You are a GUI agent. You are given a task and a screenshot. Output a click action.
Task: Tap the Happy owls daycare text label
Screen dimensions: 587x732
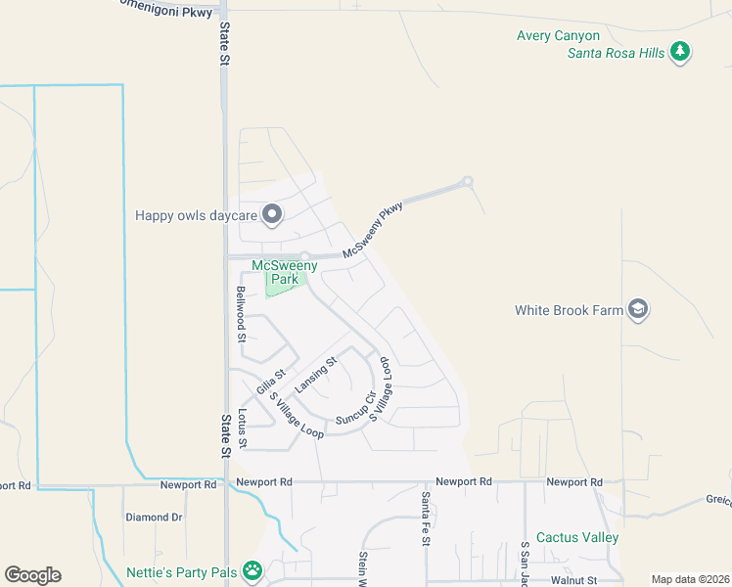(196, 215)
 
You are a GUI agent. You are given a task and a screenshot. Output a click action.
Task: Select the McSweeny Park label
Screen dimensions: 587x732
(276, 272)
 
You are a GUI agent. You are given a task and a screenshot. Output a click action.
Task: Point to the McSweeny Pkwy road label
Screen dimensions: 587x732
(373, 232)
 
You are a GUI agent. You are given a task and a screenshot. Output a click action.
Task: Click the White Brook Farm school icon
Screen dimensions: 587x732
(638, 310)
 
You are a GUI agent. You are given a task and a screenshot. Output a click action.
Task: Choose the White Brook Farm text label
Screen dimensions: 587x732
(569, 311)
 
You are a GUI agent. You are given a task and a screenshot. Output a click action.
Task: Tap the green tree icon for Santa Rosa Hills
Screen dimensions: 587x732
(681, 53)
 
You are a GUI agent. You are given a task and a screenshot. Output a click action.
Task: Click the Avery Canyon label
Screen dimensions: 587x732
(558, 36)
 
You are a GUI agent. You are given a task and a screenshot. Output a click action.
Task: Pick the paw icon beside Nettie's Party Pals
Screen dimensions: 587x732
(252, 569)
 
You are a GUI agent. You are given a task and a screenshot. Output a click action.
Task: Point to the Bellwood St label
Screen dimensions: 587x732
(240, 313)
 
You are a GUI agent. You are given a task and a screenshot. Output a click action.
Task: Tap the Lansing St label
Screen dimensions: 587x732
(316, 374)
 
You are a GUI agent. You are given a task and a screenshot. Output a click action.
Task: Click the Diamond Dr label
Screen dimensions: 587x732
(154, 517)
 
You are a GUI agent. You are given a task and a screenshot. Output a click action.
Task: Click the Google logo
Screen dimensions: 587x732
(32, 575)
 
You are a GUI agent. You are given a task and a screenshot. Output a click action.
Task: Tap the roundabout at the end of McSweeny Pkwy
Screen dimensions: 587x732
(468, 181)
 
